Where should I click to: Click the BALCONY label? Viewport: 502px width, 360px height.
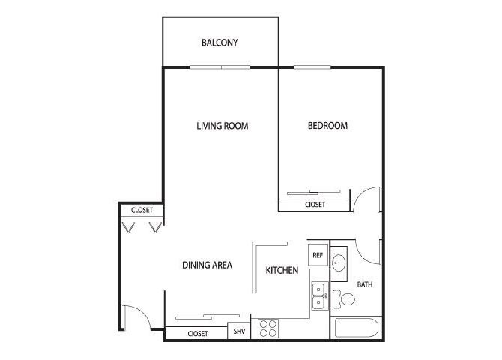point(220,43)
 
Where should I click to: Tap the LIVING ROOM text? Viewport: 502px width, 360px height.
point(223,126)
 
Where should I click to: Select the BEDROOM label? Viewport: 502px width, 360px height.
point(327,125)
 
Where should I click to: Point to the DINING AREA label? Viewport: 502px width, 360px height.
point(207,265)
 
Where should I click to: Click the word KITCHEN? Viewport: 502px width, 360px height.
point(282,270)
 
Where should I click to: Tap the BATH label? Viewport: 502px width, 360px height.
point(365,284)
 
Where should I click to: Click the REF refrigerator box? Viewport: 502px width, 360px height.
point(318,255)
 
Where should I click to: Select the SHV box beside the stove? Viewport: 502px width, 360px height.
point(239,331)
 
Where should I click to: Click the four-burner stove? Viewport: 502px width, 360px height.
point(268,328)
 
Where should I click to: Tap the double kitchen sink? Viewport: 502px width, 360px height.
point(320,296)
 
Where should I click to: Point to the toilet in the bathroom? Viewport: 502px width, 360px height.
point(344,299)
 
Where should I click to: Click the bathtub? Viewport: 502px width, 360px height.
point(354,328)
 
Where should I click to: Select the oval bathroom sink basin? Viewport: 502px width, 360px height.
point(338,263)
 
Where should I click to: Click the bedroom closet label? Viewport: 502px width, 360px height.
point(315,205)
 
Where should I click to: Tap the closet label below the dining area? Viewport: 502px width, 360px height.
point(198,334)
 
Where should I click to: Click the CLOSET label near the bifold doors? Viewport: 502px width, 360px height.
point(142,210)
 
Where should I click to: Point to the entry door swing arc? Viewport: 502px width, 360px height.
point(142,313)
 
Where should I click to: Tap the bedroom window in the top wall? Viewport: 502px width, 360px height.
point(312,67)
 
